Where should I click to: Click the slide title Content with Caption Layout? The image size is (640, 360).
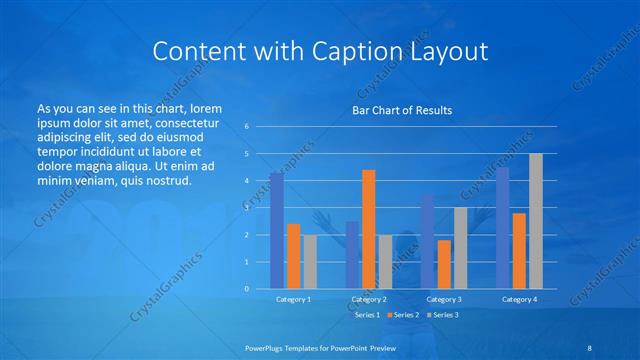(320, 51)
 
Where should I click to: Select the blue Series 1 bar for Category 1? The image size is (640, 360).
(276, 231)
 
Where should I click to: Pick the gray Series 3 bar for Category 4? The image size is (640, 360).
(536, 221)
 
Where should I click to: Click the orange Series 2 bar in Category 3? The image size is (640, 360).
(444, 264)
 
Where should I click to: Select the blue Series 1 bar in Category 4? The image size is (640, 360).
(502, 228)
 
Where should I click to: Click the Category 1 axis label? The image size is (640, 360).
(293, 298)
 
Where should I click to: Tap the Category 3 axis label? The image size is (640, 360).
(444, 298)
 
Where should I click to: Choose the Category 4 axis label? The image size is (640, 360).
(519, 298)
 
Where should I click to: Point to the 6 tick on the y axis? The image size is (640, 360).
(247, 127)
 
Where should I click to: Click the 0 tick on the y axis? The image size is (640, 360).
(247, 289)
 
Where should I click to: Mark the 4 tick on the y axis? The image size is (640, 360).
(247, 181)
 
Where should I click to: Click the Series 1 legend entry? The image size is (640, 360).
(367, 315)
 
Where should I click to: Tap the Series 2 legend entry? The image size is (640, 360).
(405, 315)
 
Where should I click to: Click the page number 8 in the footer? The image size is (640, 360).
(590, 347)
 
